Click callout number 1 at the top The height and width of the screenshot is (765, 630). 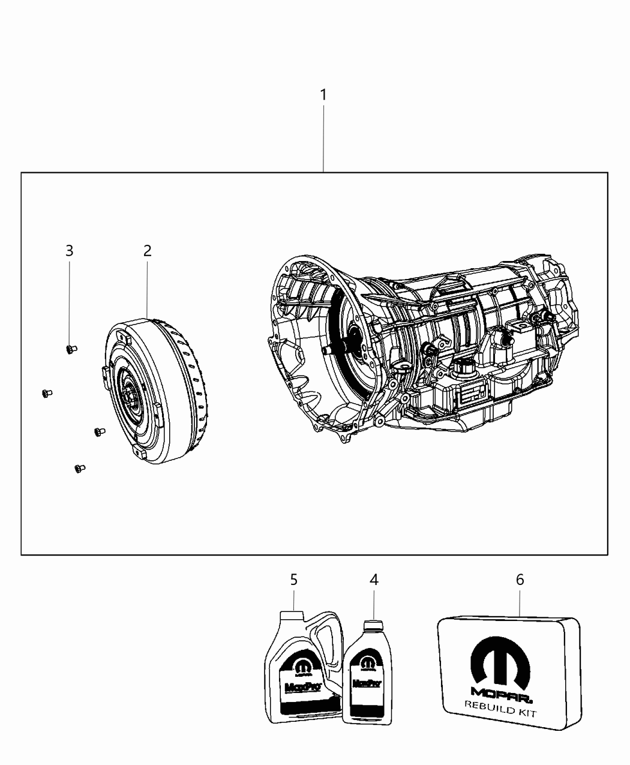click(323, 95)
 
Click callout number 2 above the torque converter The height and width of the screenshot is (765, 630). click(147, 251)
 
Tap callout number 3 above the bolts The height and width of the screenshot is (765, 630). click(70, 251)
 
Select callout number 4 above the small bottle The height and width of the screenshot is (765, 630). click(374, 580)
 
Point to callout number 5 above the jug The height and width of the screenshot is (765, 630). click(294, 580)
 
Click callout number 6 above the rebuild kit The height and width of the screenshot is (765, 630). click(520, 580)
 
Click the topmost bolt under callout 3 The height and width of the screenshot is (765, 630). click(71, 349)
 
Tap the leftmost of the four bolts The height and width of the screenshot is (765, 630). click(46, 394)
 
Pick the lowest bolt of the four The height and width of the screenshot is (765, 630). click(79, 469)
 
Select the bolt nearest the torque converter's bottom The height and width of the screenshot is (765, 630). click(99, 431)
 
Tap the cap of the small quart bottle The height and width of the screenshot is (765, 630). click(373, 624)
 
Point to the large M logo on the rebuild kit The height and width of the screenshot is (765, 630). click(501, 663)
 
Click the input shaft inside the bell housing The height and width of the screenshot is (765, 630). click(329, 351)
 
